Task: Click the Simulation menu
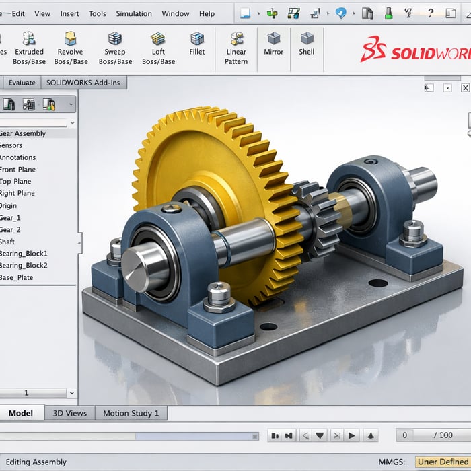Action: click(134, 13)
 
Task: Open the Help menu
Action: click(207, 13)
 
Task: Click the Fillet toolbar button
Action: click(197, 44)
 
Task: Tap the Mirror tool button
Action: click(274, 44)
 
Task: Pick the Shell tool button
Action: click(307, 44)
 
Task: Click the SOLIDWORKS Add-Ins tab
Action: click(84, 83)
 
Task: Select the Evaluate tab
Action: click(22, 83)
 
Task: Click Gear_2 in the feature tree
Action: click(11, 229)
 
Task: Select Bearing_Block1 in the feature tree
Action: click(24, 254)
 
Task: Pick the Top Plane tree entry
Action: click(15, 181)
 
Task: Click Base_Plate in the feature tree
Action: click(17, 277)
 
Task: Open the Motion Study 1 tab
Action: click(131, 413)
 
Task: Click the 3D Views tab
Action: click(69, 413)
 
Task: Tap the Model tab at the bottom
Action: click(20, 413)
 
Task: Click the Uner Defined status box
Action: click(442, 462)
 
